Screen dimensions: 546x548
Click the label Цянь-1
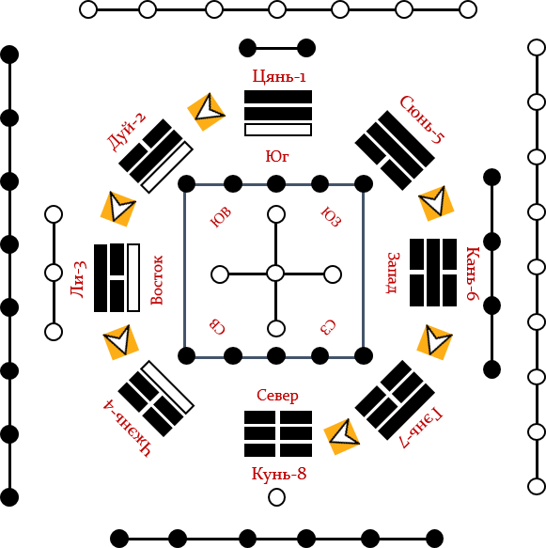tap(279, 76)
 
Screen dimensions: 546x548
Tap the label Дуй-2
tap(127, 132)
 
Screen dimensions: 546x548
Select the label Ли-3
tap(79, 279)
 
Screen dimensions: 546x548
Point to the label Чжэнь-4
tap(128, 429)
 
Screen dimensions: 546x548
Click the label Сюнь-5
tap(422, 120)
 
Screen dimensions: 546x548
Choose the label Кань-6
tap(473, 274)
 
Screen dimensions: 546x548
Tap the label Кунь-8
tap(279, 474)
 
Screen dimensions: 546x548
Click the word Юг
tap(277, 157)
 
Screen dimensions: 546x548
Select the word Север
tap(277, 396)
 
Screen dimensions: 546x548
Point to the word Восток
tap(157, 280)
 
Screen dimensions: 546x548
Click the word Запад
tap(394, 274)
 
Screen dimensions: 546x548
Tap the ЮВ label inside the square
tap(221, 217)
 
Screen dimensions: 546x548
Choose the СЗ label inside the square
tap(328, 327)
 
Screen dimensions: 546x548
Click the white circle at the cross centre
tap(275, 273)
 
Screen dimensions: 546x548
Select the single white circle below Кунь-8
tap(276, 497)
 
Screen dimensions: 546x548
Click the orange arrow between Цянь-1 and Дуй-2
tap(207, 112)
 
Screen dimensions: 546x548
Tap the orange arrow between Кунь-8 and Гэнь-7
tap(342, 436)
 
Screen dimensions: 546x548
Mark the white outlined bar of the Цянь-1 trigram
tap(278, 130)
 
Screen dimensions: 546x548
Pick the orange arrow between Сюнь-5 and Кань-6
tap(436, 203)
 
